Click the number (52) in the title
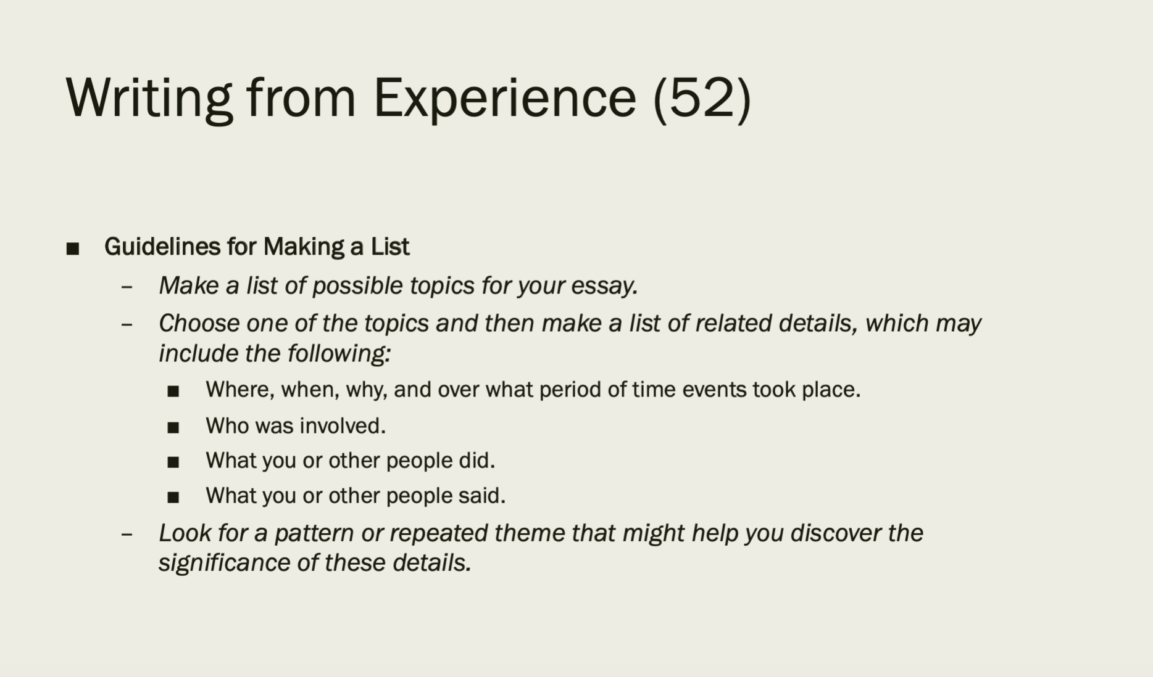pos(702,97)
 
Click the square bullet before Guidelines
pos(73,248)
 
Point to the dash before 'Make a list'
pos(127,287)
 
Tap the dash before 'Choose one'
pos(127,325)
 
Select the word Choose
pos(199,323)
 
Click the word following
pos(339,354)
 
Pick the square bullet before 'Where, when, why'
pos(173,391)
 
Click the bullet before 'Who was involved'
pos(173,427)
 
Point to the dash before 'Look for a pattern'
pos(127,535)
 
